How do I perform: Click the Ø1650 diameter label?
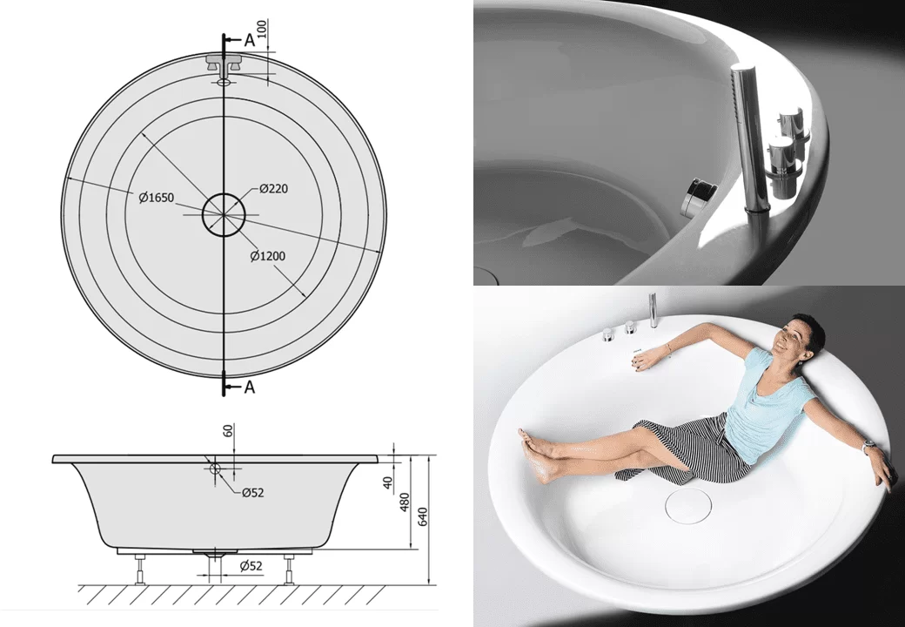(x=157, y=198)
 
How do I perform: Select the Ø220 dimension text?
(x=273, y=188)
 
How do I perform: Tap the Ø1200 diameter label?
(x=268, y=256)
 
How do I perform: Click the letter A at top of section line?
(x=250, y=40)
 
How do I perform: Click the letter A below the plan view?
(x=250, y=387)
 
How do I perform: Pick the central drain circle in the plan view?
(x=224, y=215)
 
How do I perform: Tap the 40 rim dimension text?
(x=388, y=482)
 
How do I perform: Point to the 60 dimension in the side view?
(x=228, y=431)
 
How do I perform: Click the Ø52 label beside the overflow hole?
(x=253, y=493)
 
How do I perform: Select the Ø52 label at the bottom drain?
(x=251, y=566)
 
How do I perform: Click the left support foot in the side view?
(x=140, y=570)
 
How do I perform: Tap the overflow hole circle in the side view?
(x=215, y=469)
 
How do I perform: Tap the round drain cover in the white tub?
(x=689, y=505)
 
